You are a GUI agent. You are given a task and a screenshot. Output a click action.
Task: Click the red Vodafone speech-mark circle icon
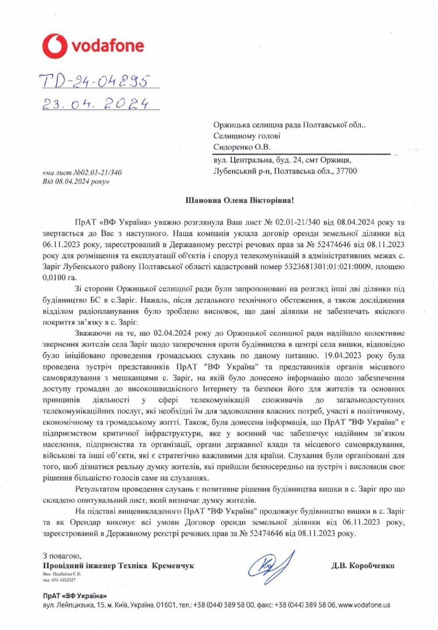pos(55,46)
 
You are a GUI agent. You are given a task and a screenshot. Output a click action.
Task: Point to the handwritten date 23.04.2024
pos(95,104)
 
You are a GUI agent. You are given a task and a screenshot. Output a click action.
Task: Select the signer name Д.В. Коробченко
pos(363,566)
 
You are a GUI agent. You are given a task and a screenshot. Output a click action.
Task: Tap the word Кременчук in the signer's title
pos(173,566)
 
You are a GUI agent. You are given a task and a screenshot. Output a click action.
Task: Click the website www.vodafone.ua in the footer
pos(364,605)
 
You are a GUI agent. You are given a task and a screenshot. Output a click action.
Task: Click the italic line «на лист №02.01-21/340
pos(82,172)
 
